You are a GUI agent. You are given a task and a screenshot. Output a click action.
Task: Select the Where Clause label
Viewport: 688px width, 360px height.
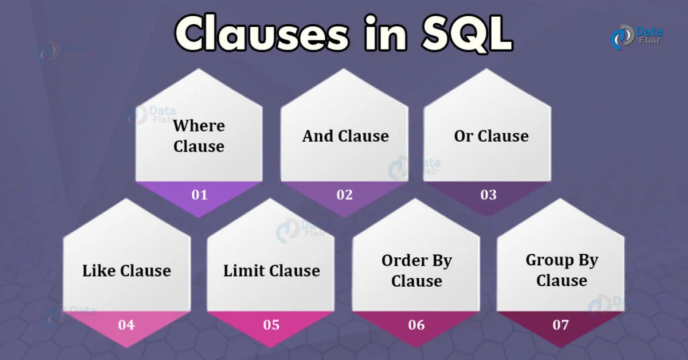click(x=199, y=136)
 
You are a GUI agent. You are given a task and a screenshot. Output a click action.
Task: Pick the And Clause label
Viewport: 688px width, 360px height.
click(x=345, y=136)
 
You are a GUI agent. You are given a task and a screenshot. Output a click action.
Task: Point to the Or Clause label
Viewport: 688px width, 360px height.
click(x=491, y=136)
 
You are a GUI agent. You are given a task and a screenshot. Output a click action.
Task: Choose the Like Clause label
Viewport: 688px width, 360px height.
click(x=126, y=271)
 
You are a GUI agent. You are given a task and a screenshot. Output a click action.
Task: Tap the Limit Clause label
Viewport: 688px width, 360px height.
click(x=271, y=271)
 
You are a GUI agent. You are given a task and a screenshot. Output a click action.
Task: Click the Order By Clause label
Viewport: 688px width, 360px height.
click(x=417, y=270)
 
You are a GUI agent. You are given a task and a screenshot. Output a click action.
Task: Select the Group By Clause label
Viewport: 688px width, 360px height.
click(x=562, y=270)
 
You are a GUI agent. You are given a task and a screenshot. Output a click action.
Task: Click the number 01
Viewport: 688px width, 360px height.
click(x=200, y=195)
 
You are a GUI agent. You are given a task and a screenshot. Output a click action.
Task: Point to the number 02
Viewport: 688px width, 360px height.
click(x=345, y=195)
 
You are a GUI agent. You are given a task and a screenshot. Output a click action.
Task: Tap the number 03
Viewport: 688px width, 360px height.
click(x=488, y=195)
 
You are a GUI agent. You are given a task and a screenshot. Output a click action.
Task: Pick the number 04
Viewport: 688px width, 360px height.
click(x=126, y=325)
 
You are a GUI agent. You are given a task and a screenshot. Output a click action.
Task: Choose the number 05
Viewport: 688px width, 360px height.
click(x=271, y=325)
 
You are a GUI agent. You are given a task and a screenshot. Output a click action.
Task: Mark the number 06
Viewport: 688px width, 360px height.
click(x=417, y=325)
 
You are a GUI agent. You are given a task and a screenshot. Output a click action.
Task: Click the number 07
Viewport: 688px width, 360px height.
click(x=561, y=325)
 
